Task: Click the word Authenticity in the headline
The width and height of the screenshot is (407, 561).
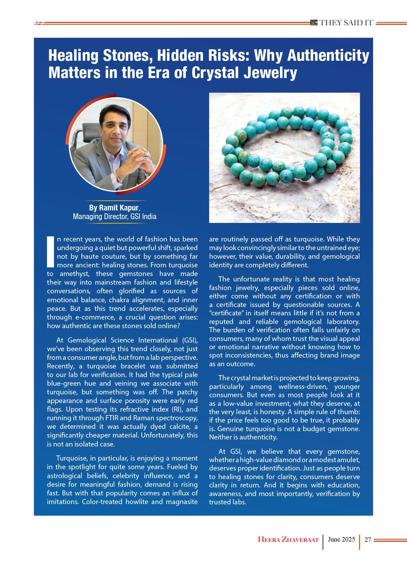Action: (x=328, y=56)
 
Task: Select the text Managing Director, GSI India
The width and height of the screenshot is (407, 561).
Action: (x=115, y=217)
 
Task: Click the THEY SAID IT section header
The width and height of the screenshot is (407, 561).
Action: (x=346, y=23)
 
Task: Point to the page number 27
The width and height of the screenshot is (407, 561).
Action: (x=367, y=540)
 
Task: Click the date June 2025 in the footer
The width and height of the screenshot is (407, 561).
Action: (x=341, y=539)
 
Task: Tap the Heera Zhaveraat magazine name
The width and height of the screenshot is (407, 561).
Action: (x=288, y=540)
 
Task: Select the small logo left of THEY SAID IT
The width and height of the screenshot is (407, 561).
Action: (x=314, y=22)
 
